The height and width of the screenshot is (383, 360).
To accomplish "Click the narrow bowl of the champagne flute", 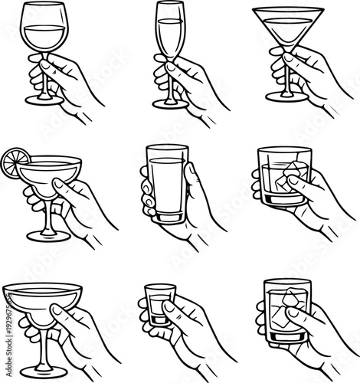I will coord(169,31).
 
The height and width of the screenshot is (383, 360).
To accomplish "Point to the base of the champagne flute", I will coord(169,103).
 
